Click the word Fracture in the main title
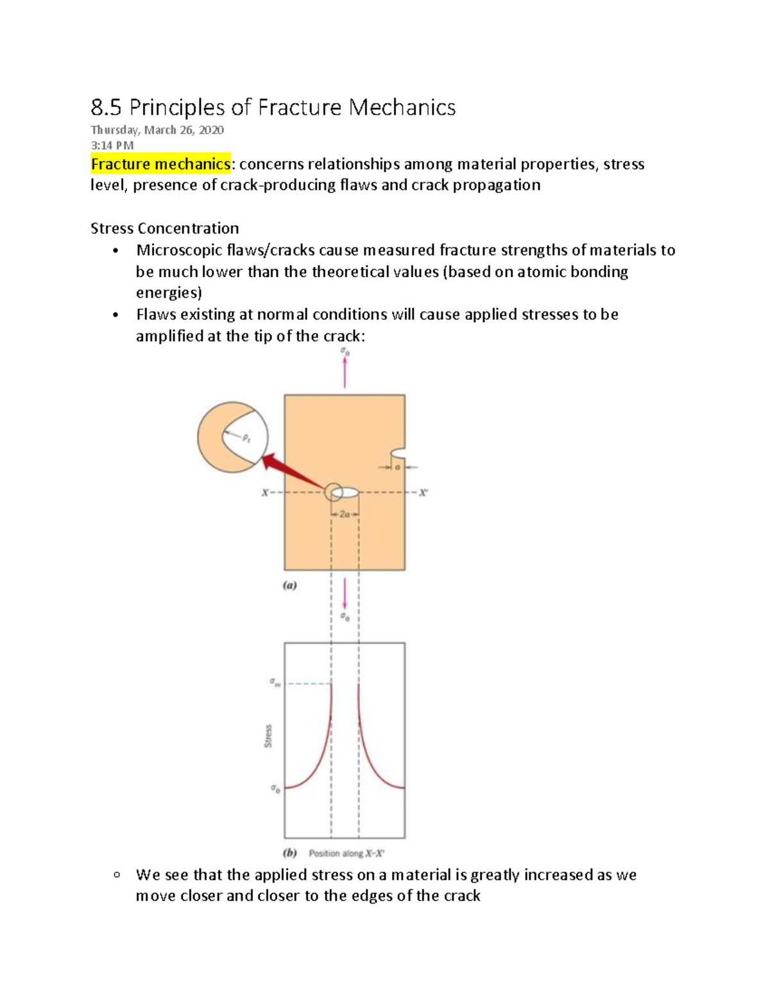pos(299,107)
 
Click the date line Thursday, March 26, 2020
pos(157,130)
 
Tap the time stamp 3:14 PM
pos(112,146)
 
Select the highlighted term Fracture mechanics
pos(160,164)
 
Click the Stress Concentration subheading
pos(164,228)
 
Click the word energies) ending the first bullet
pos(169,293)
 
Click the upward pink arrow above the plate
pos(345,372)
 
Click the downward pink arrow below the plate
pos(345,593)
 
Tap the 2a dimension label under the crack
pos(345,514)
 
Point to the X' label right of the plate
pos(423,493)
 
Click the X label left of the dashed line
pos(264,493)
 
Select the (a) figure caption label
pos(290,585)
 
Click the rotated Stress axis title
pos(268,736)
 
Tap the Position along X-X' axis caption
pos(346,854)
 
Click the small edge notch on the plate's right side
pos(398,453)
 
